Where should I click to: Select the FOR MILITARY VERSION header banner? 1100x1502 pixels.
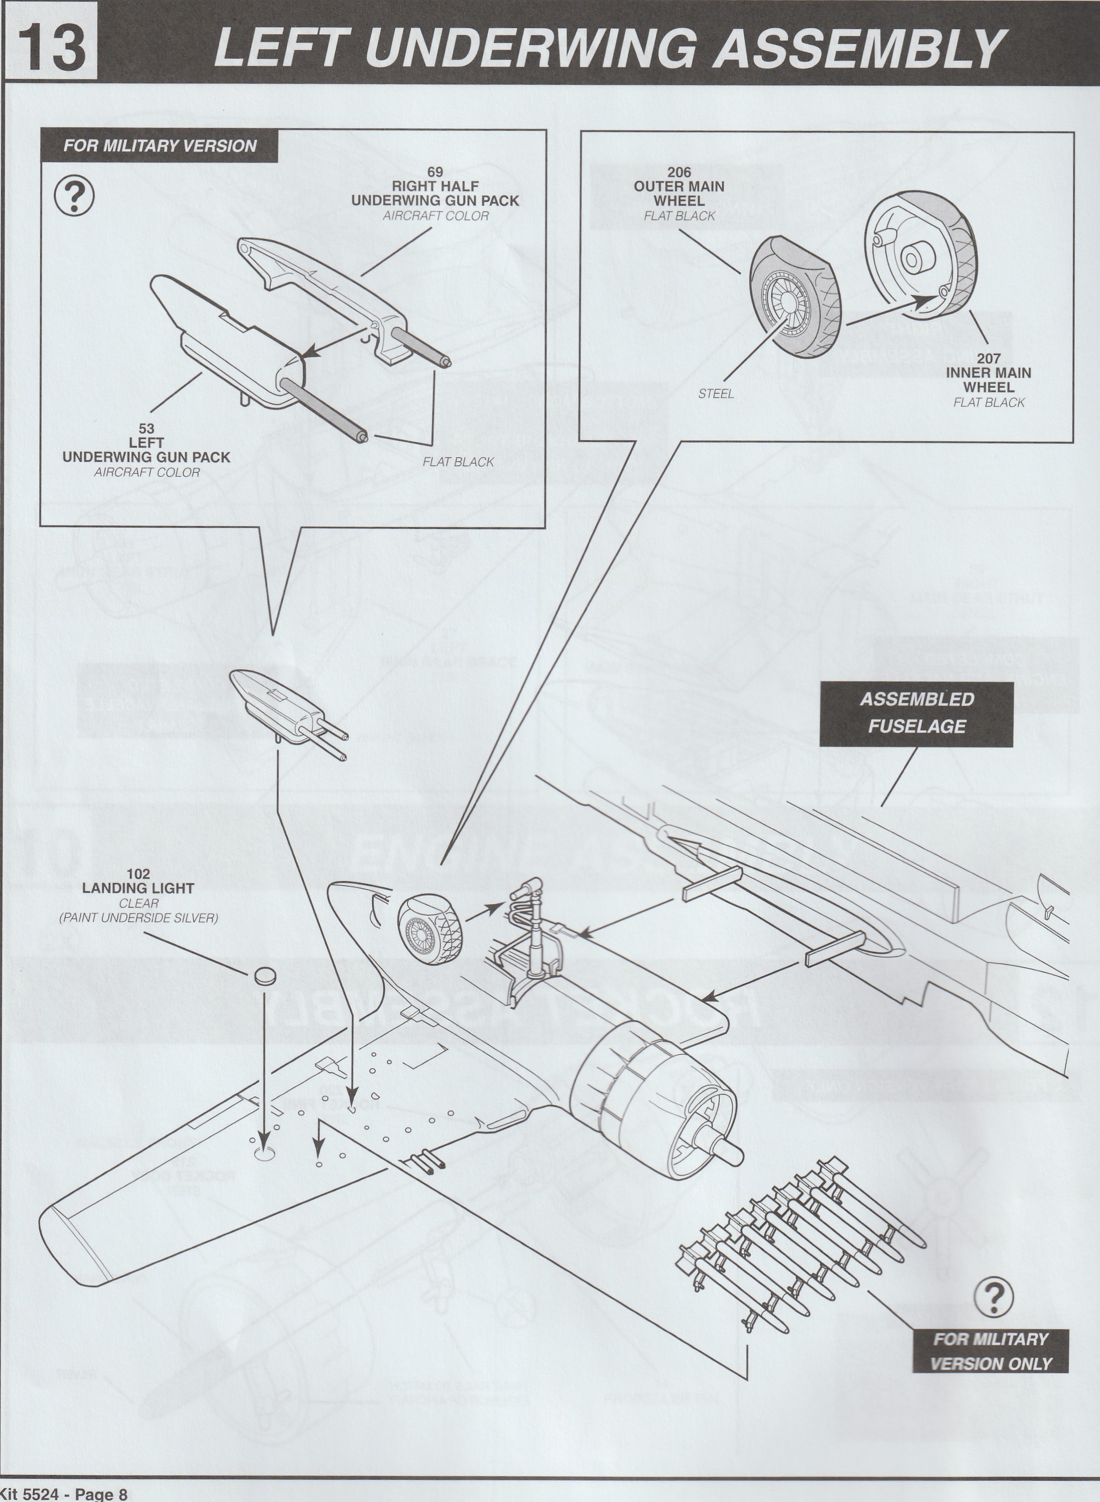coord(160,146)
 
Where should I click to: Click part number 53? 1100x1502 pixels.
coord(147,429)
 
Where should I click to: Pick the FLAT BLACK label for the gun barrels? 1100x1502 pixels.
coord(458,462)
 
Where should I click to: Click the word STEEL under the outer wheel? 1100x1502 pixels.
coord(716,394)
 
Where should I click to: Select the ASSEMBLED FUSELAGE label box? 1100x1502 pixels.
coord(916,713)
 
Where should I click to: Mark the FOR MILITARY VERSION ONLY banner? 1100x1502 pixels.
coord(991,1351)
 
